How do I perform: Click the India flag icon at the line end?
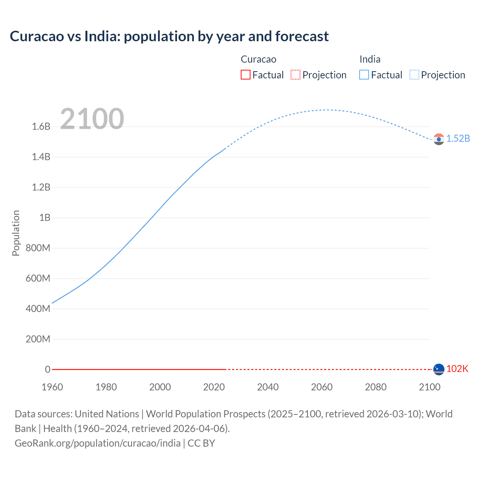439,139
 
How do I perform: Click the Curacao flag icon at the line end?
439,369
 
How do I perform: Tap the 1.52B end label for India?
458,139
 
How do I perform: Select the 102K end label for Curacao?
457,369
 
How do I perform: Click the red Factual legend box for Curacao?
245,75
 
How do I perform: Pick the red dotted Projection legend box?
295,75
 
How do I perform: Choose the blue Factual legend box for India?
364,75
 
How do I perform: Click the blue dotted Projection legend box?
414,75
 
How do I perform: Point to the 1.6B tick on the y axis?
41,127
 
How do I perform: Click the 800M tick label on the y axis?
38,248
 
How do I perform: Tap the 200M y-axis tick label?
38,339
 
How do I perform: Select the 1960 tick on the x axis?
52,387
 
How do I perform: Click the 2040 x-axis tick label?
268,387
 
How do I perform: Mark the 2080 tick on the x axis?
375,387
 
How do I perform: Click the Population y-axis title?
16,233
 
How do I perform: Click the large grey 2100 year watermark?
92,119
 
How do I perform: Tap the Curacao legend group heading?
258,59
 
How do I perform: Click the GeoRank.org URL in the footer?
97,443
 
